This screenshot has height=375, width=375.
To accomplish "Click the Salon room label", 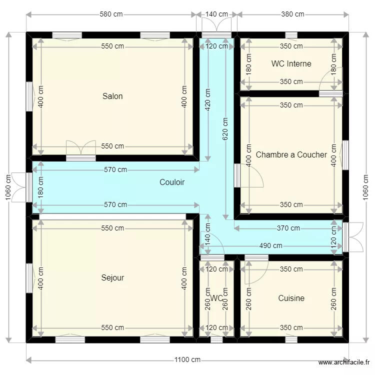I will [112, 96].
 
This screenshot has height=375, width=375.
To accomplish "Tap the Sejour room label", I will [112, 277].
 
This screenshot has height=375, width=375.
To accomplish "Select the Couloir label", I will [172, 182].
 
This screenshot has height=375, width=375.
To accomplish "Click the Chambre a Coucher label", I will [291, 154].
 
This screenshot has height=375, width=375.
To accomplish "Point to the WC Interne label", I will [291, 63].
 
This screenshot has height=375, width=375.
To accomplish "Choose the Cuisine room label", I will [291, 298].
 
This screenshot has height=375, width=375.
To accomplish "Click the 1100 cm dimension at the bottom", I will [187, 359].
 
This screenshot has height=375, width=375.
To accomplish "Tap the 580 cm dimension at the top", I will [111, 14].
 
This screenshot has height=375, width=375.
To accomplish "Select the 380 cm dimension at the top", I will [292, 14].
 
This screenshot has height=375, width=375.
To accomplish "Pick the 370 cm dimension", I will [288, 228].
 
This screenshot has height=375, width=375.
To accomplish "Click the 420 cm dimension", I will [207, 99].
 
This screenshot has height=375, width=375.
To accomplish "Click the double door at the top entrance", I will [216, 25].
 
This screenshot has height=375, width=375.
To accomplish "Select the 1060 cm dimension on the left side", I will [7, 188].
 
